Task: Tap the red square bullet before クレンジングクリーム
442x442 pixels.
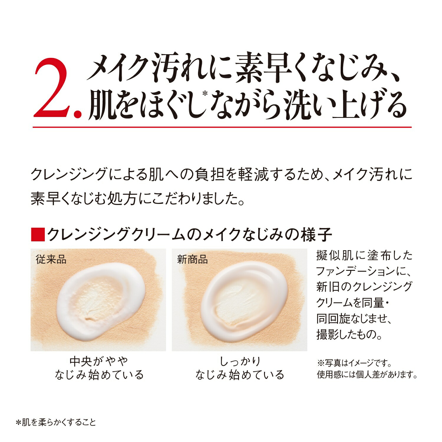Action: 37,235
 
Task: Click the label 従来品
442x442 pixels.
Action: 51,259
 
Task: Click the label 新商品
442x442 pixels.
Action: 192,259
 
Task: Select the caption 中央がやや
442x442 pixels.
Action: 99,361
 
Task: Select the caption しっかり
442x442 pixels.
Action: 240,361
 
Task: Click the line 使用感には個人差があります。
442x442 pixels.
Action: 367,375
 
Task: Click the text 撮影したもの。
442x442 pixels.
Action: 349,334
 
